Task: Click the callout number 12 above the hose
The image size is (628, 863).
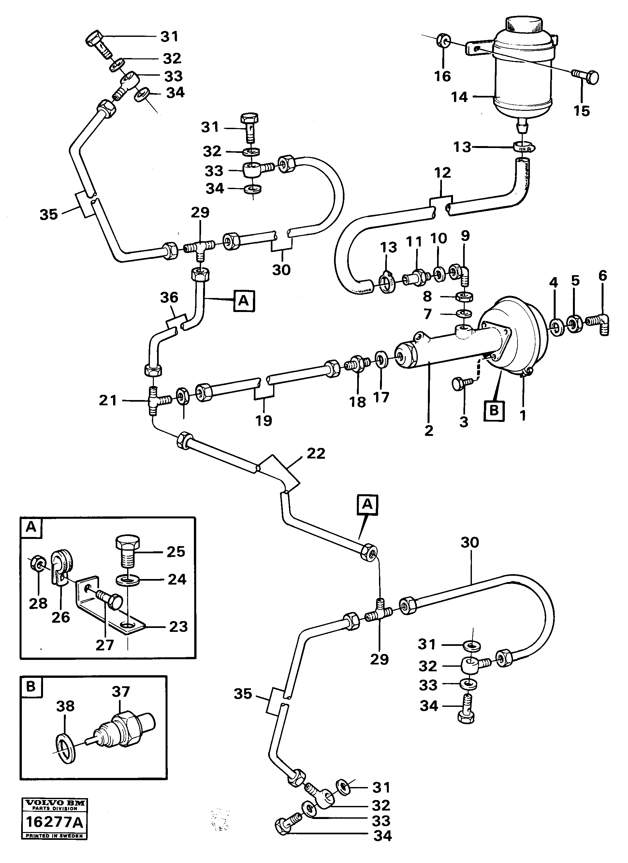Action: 442,173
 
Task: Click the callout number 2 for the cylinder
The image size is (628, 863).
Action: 429,430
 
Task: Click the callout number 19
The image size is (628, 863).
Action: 264,421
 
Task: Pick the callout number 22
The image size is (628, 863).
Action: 316,453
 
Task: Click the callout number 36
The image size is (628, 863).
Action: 169,297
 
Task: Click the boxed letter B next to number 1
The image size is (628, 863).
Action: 494,410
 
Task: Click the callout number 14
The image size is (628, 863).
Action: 459,97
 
